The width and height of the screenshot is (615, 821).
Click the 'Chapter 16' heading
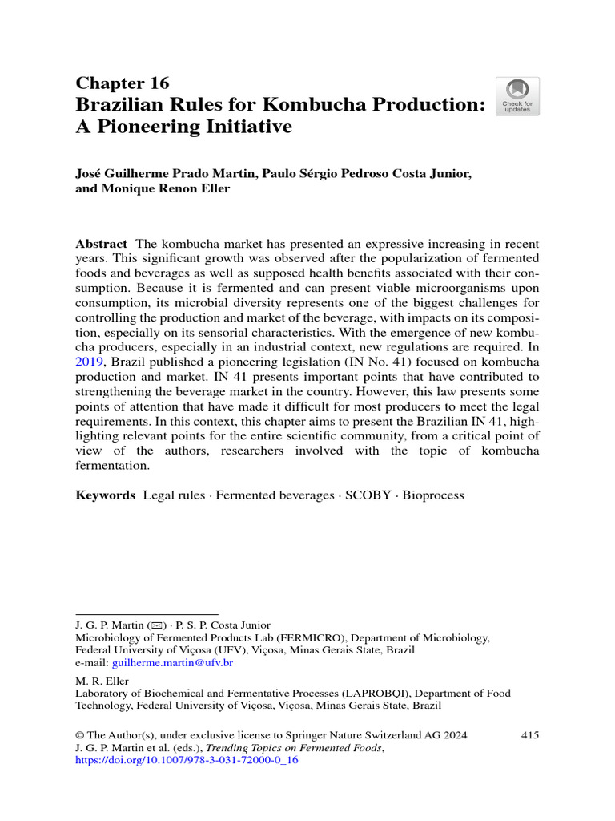(122, 83)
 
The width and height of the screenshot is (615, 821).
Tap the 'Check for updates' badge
(517, 96)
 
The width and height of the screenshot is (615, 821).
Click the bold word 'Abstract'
(101, 243)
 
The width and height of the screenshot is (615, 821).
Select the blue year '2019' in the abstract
(91, 361)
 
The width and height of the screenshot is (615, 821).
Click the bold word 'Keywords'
(106, 495)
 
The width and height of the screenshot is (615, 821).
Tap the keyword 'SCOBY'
(368, 495)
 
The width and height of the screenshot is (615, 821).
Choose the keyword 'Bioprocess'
(433, 495)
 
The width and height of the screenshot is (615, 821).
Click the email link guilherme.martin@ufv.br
(172, 663)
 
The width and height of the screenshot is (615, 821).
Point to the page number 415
(529, 734)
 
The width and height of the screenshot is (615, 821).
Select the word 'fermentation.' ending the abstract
(114, 465)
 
